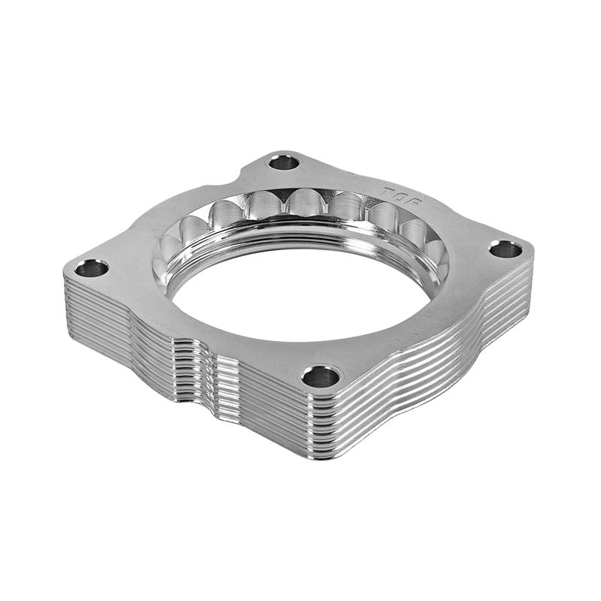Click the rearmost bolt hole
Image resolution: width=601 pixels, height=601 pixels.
pos(283,162)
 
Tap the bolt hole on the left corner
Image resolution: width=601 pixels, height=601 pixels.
pos(92,267)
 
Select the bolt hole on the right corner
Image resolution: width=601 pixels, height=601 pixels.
pos(506,249)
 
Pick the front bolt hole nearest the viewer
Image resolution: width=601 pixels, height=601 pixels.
pos(321,376)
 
